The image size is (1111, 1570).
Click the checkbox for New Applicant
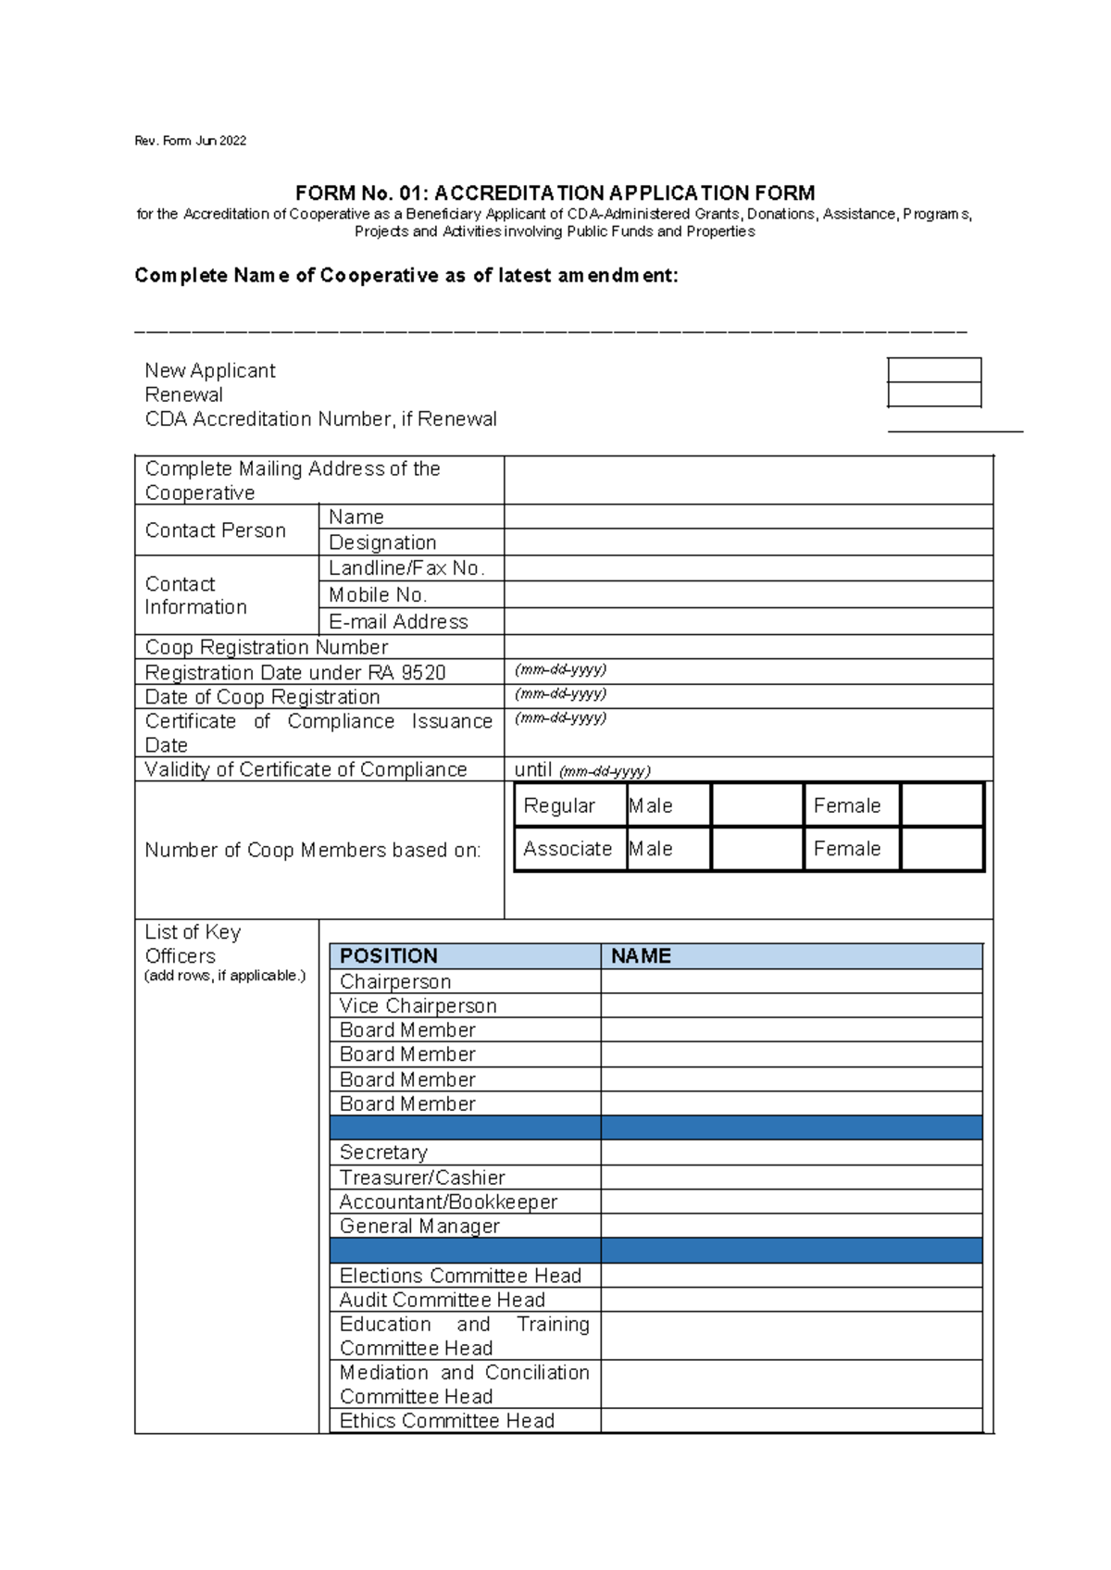(934, 370)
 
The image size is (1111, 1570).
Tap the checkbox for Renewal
(934, 395)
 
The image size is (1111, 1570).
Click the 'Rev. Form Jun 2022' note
(191, 141)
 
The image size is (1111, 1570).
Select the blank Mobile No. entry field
(748, 594)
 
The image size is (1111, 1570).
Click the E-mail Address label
(398, 621)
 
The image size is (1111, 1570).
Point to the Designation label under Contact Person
(382, 542)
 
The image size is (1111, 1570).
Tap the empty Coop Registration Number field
(748, 646)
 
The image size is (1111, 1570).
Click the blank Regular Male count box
(756, 805)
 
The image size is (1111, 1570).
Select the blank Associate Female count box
(942, 849)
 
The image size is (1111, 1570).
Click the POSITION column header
(389, 956)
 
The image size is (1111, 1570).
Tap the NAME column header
(641, 956)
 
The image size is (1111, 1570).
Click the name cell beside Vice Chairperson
(791, 1005)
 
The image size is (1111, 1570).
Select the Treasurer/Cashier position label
(422, 1177)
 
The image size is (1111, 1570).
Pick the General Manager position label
(419, 1226)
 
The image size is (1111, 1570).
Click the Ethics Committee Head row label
(447, 1421)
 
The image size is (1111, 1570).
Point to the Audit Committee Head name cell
(791, 1300)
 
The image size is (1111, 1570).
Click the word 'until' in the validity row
(533, 769)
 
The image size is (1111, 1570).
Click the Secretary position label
(383, 1153)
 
